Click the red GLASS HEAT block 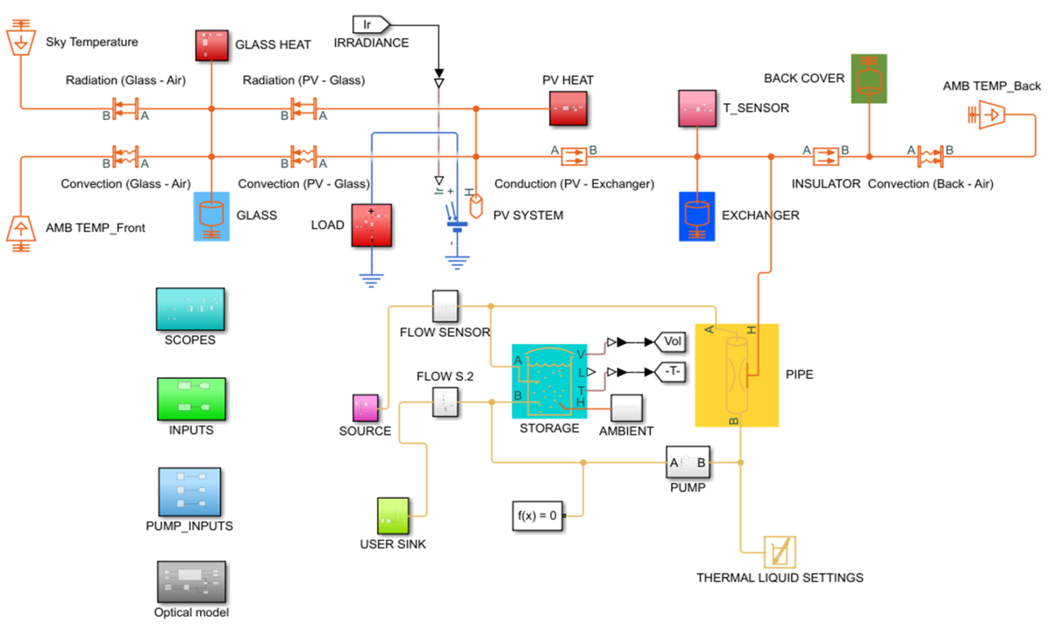click(x=212, y=45)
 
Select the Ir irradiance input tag click(x=370, y=25)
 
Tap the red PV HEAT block click(x=568, y=108)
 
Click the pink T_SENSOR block click(x=697, y=108)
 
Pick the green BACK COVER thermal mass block click(x=869, y=79)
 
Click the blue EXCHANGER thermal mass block click(x=697, y=217)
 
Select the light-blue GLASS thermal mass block click(x=211, y=217)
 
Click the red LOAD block click(x=371, y=225)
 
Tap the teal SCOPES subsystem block click(x=190, y=309)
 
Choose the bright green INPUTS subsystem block click(x=191, y=399)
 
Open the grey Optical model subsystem click(x=191, y=582)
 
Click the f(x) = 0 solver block click(x=537, y=516)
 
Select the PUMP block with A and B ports click(x=687, y=462)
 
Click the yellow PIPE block click(x=737, y=375)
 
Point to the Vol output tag click(x=671, y=342)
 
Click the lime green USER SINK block click(x=393, y=516)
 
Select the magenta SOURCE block click(x=365, y=408)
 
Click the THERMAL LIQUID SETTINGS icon click(x=779, y=552)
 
